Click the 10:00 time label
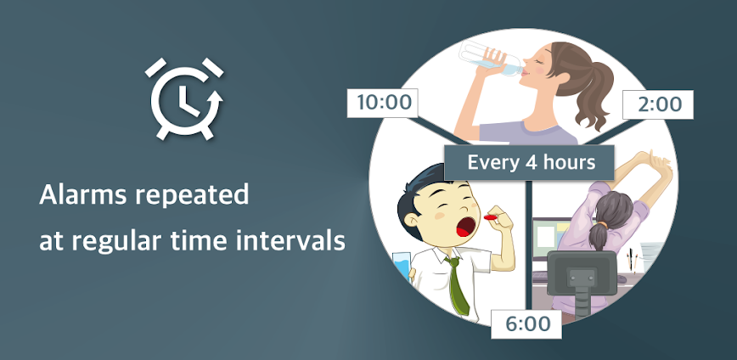[x=383, y=103]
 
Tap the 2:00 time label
[x=657, y=104]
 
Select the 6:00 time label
[x=526, y=323]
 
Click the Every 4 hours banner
[x=529, y=163]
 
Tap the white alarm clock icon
[x=184, y=98]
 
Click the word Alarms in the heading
[x=83, y=194]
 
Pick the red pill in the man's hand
[x=491, y=217]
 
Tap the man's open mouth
[x=465, y=226]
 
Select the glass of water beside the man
[x=402, y=267]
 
